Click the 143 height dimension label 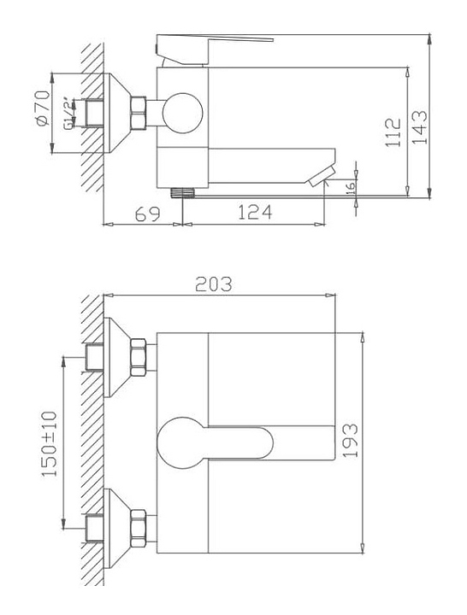coord(419,127)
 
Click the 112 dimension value coord(393,132)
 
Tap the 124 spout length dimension coord(255,212)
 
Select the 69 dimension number coord(147,214)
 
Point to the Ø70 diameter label coord(43,108)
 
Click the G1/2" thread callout coord(68,115)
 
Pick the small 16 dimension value coord(352,186)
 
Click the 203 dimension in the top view coord(214,284)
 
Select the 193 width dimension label coord(350,441)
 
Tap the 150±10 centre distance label coord(50,443)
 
